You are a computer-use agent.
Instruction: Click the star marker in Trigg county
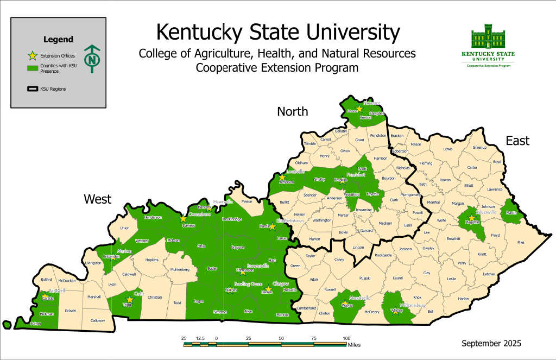pos(129,299)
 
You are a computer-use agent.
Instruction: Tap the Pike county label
pos(521,242)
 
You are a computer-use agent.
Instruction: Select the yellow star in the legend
pos(33,55)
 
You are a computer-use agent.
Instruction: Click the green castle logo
pos(488,38)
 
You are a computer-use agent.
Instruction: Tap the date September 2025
pos(491,343)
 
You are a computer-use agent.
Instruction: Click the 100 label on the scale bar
pos(346,338)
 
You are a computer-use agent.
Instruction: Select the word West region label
pos(98,199)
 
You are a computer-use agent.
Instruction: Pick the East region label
pos(517,141)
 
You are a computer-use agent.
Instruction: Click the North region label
pos(292,112)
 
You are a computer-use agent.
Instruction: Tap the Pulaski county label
pos(364,279)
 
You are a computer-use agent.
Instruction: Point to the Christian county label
pos(155,298)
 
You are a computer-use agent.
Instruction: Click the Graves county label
pos(71,311)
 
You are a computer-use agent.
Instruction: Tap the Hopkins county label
pos(151,260)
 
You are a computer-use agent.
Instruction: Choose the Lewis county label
pos(447,149)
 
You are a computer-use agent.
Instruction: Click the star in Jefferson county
pos(282,177)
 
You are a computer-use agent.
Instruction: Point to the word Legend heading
pos(58,40)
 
